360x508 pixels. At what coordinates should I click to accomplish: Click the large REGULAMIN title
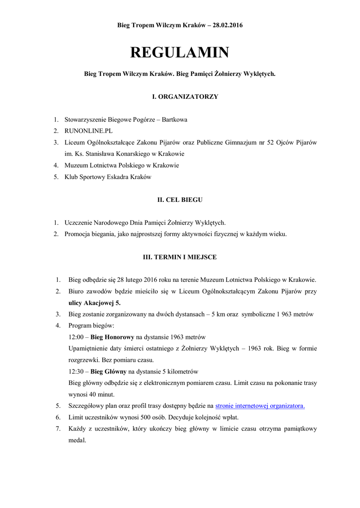click(179, 53)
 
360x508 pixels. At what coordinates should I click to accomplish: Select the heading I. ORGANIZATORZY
click(179, 97)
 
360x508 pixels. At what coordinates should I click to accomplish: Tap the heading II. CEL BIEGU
click(179, 200)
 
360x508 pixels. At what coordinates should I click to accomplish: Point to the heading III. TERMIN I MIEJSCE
click(179, 257)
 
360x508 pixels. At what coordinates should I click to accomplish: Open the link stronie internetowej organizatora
click(260, 406)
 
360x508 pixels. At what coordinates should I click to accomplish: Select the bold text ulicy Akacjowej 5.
click(94, 303)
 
